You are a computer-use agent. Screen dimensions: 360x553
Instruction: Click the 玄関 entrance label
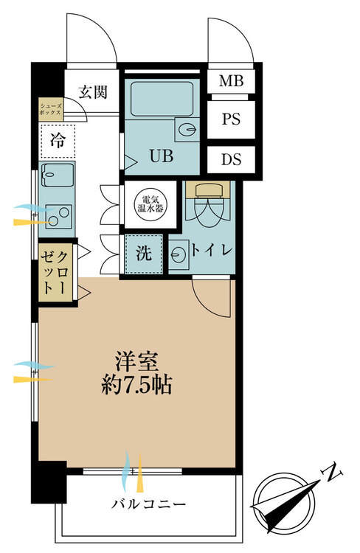coord(92,92)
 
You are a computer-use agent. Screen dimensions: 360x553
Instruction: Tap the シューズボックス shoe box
coord(51,109)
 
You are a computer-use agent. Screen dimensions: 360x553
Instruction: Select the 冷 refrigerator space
coord(58,141)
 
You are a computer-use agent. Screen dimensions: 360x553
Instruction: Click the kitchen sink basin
coord(58,175)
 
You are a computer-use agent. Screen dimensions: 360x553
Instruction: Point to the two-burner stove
coord(59,217)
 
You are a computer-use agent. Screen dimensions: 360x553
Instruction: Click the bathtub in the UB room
coord(162,99)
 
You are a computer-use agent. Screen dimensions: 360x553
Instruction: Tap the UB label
coord(162,156)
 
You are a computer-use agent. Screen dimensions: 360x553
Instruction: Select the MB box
coord(231,81)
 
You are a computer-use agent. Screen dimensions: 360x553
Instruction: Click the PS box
coord(231,119)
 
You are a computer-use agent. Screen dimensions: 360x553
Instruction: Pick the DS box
coord(231,159)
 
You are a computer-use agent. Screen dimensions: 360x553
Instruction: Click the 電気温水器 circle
coord(150,204)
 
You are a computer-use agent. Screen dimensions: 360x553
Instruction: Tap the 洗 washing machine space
coord(144,253)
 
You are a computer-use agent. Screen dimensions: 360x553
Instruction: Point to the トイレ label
coord(212,251)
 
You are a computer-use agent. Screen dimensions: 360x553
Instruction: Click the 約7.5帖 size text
coord(136,385)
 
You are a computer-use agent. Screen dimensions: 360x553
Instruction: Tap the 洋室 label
coord(136,362)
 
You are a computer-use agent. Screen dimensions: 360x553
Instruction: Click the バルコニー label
coord(148,504)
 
